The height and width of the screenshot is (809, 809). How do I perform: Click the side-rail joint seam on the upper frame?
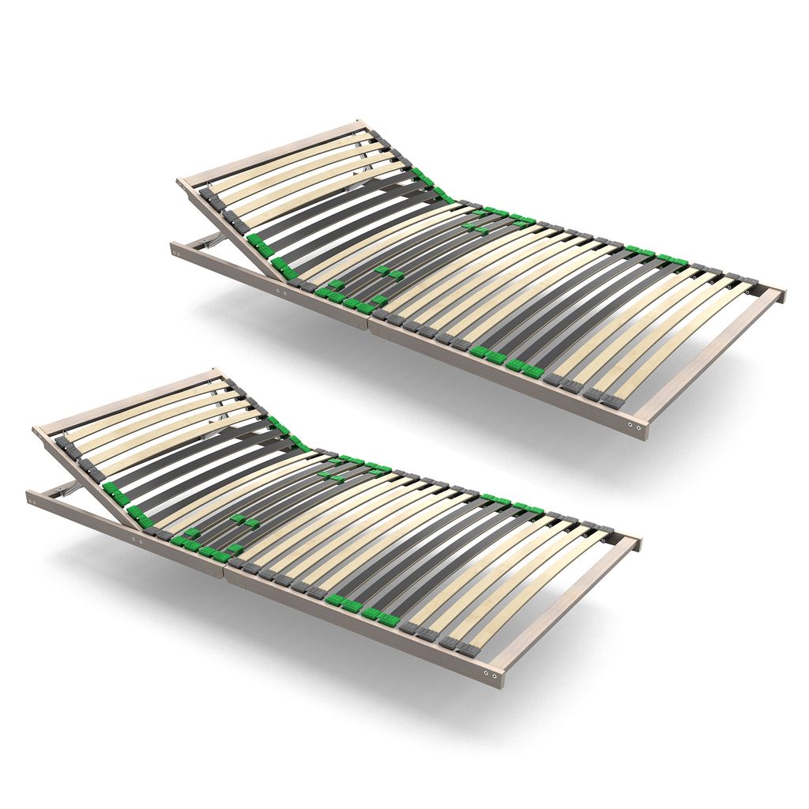coord(368,324)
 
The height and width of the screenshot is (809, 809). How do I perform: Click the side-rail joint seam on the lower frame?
coord(225,573)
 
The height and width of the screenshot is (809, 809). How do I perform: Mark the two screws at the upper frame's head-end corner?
coord(179,253)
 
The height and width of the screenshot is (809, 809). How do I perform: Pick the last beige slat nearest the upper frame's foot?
coord(679,340)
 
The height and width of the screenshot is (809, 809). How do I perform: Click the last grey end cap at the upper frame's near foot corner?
coord(611,401)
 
